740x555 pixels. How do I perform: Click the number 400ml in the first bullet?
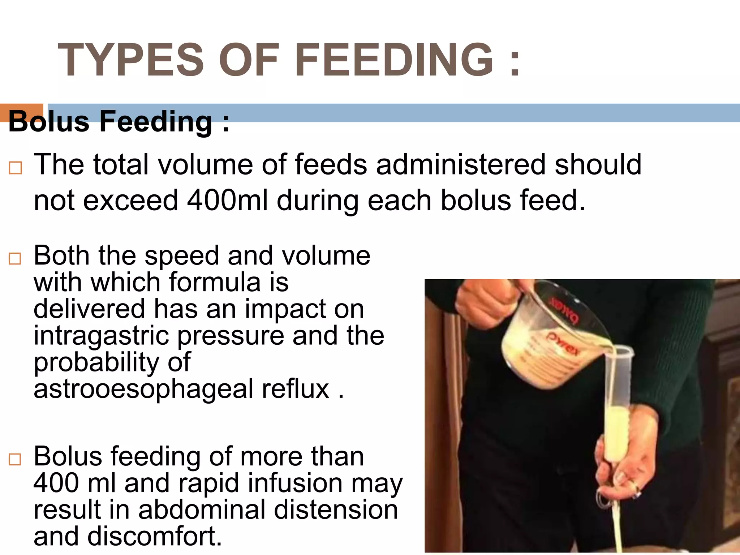tap(227, 201)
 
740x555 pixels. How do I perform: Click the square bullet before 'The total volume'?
tap(15, 168)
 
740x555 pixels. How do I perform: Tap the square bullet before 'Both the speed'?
tap(15, 259)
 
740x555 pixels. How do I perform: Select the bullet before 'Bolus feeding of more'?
tap(15, 460)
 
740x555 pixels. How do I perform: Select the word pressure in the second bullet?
tap(230, 336)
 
